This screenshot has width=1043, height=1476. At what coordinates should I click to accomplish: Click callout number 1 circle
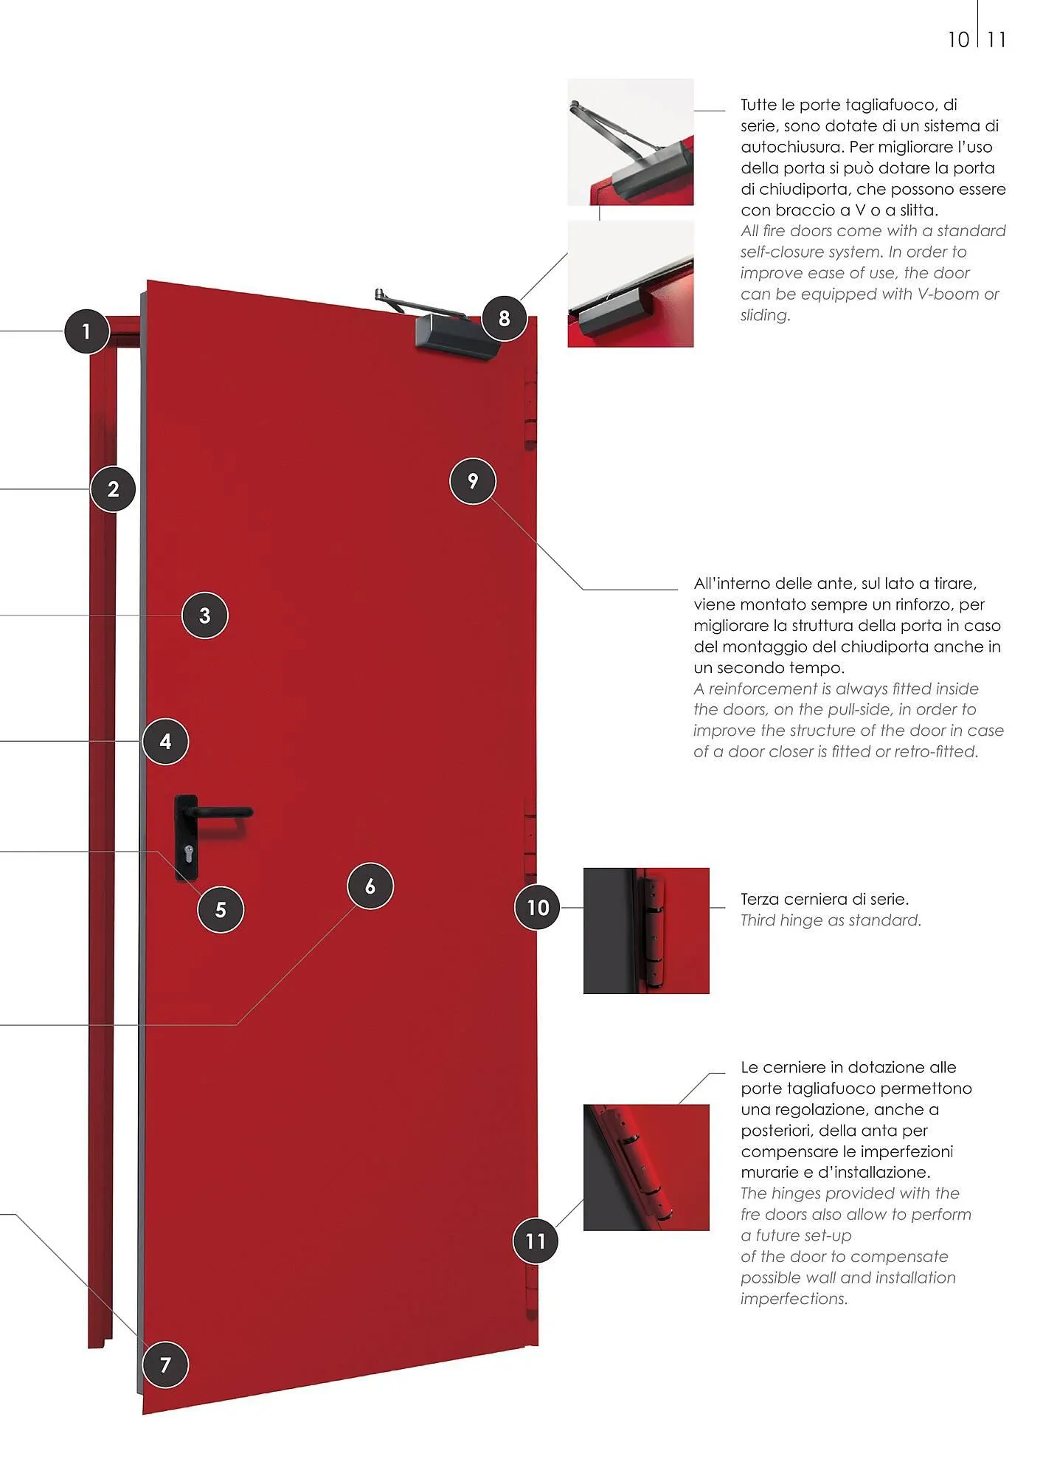pyautogui.click(x=87, y=331)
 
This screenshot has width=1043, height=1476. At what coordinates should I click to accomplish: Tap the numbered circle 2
pyautogui.click(x=113, y=489)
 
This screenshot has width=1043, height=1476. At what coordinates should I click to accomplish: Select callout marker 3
pyautogui.click(x=205, y=615)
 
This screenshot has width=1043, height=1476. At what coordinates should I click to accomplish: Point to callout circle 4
pyautogui.click(x=165, y=742)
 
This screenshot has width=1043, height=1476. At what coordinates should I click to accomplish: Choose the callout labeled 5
pyautogui.click(x=221, y=909)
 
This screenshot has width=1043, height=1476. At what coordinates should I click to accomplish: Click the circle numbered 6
pyautogui.click(x=370, y=886)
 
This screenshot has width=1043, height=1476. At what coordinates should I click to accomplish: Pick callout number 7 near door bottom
pyautogui.click(x=165, y=1365)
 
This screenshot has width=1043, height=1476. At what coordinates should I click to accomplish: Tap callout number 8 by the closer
pyautogui.click(x=505, y=318)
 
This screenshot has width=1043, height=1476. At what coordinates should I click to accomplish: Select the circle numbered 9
pyautogui.click(x=473, y=481)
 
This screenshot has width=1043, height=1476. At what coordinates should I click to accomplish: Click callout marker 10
pyautogui.click(x=538, y=907)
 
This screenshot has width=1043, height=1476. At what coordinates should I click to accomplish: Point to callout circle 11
pyautogui.click(x=536, y=1241)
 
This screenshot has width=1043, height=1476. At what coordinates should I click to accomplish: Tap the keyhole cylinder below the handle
pyautogui.click(x=187, y=856)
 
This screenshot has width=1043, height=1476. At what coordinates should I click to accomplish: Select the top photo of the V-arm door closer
pyautogui.click(x=631, y=142)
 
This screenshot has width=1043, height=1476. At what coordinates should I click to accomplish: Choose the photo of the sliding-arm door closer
pyautogui.click(x=631, y=284)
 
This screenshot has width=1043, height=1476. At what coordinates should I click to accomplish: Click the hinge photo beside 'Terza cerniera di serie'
pyautogui.click(x=646, y=931)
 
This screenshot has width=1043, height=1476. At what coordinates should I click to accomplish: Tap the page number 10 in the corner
pyautogui.click(x=958, y=40)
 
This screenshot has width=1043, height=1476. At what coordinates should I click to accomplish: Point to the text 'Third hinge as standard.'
pyautogui.click(x=831, y=920)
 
